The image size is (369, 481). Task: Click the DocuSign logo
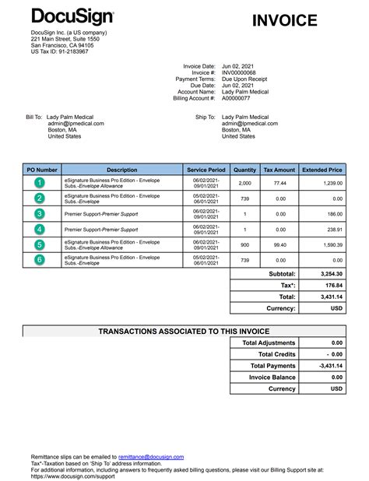coord(72,17)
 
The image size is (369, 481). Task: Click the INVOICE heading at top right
coord(285,21)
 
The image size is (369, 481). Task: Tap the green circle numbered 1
coord(40,183)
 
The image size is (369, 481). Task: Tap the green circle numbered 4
coord(40,230)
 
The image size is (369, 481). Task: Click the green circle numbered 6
coord(40,260)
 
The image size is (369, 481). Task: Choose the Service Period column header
coord(206,169)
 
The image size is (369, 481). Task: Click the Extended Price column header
coord(322,169)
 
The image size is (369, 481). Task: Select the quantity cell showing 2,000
coord(244,183)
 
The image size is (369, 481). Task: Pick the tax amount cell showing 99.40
coord(280,245)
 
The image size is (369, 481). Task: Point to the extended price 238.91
coord(334,230)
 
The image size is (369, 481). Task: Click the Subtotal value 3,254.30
coord(331,275)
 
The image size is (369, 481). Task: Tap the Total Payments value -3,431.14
coord(331,366)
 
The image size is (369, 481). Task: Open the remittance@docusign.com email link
coord(150,456)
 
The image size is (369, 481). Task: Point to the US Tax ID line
coord(59,51)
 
